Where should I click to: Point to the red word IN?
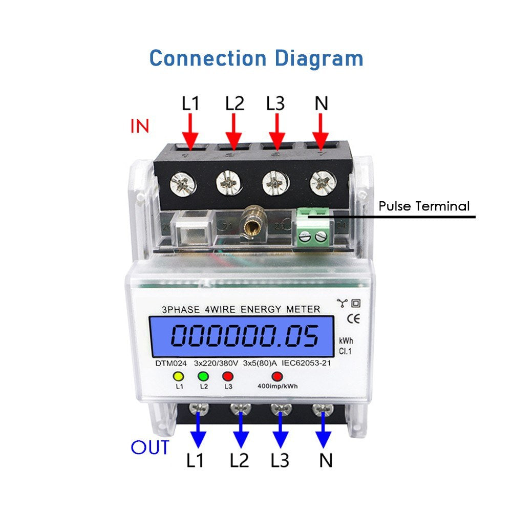pos(139,126)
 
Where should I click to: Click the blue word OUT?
pos(150,447)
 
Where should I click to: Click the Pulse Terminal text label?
pos(424,206)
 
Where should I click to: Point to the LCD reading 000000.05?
pos(245,337)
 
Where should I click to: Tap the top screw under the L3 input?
pos(277,182)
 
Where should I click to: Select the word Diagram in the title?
pos(318,58)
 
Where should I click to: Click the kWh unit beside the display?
pos(346,341)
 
